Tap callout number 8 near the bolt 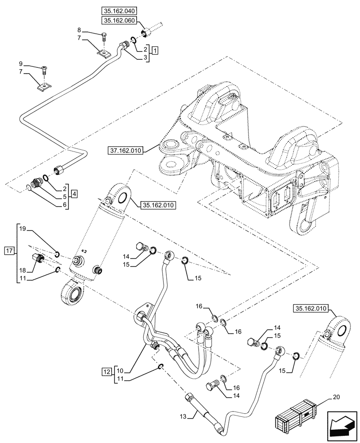pyautogui.click(x=79, y=30)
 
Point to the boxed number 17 pyautogui.click(x=10, y=251)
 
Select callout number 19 pyautogui.click(x=23, y=229)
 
